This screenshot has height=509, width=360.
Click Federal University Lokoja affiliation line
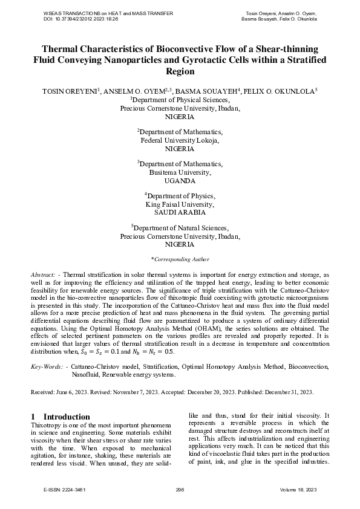coord(180,140)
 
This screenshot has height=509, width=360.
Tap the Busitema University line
coord(180,172)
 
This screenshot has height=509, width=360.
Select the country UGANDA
coord(180,181)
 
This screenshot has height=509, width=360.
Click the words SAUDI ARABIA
coord(180,213)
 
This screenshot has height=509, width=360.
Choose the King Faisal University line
coord(180,204)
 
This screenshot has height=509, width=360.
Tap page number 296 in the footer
coord(180,489)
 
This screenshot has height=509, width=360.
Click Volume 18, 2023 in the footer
coord(298,489)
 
